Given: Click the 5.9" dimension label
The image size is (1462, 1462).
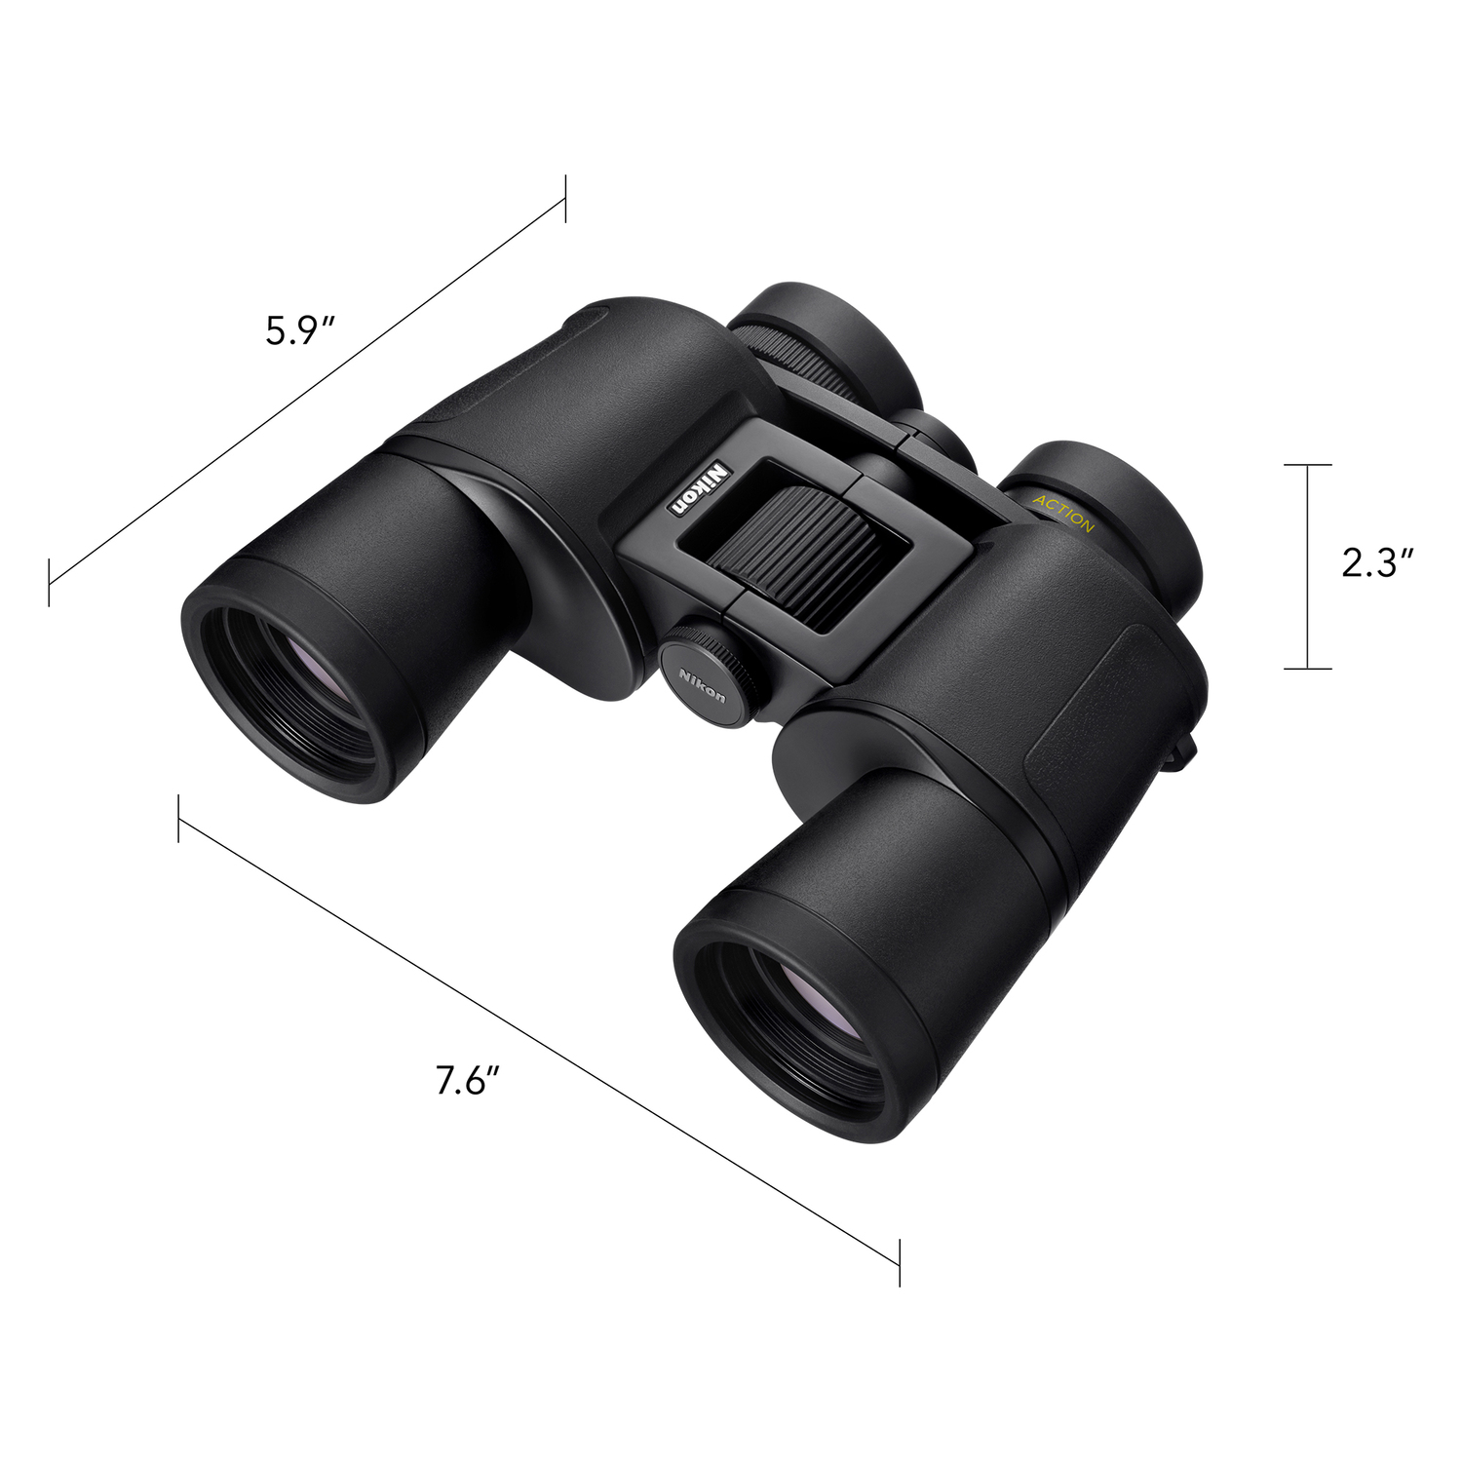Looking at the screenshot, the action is [x=300, y=331].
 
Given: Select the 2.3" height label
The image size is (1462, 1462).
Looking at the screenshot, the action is [x=1377, y=562].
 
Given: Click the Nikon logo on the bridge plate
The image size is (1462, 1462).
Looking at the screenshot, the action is [x=698, y=488].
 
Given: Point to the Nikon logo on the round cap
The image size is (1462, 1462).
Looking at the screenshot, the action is [x=703, y=683].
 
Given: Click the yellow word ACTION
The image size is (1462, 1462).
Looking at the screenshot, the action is [x=1064, y=513].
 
